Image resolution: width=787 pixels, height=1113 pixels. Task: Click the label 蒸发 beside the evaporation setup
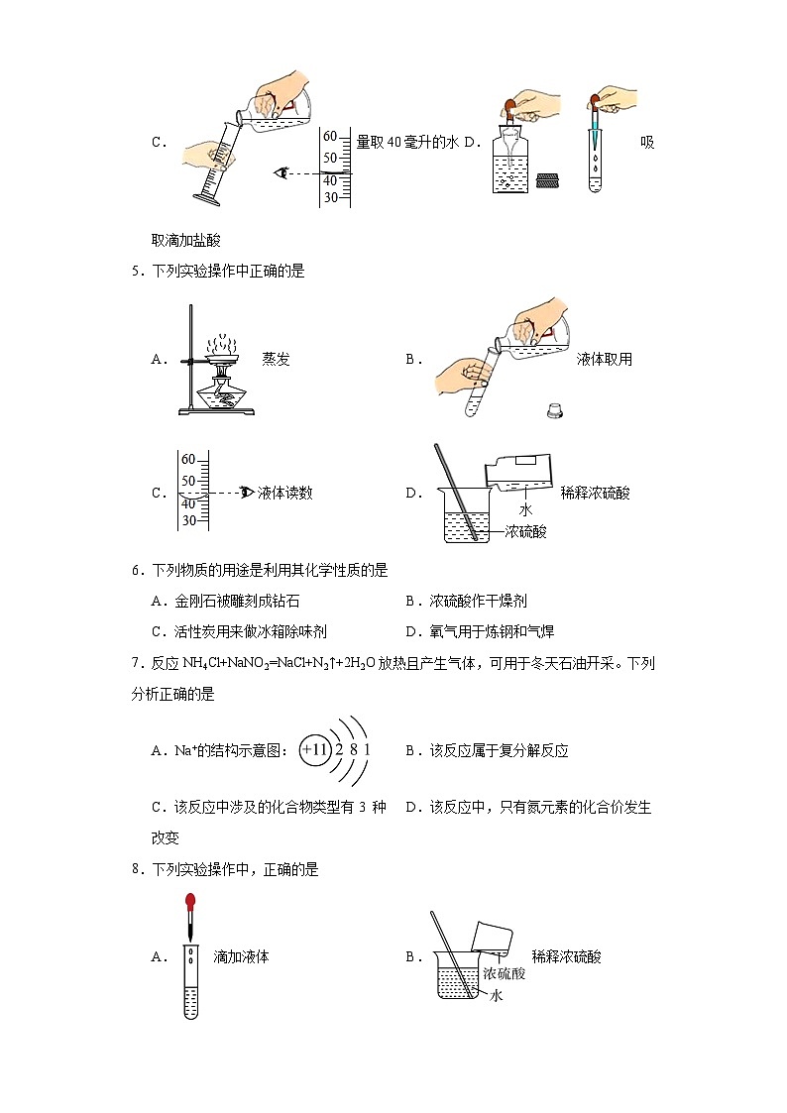point(276,360)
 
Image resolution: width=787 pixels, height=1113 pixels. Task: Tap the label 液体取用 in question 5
point(604,360)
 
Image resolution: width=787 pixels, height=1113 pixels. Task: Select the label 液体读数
point(284,493)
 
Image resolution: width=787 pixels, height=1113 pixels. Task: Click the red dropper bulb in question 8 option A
point(190,902)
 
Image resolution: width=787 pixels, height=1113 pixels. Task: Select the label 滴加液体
point(241,957)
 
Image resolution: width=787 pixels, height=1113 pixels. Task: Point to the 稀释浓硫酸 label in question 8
point(566,957)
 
